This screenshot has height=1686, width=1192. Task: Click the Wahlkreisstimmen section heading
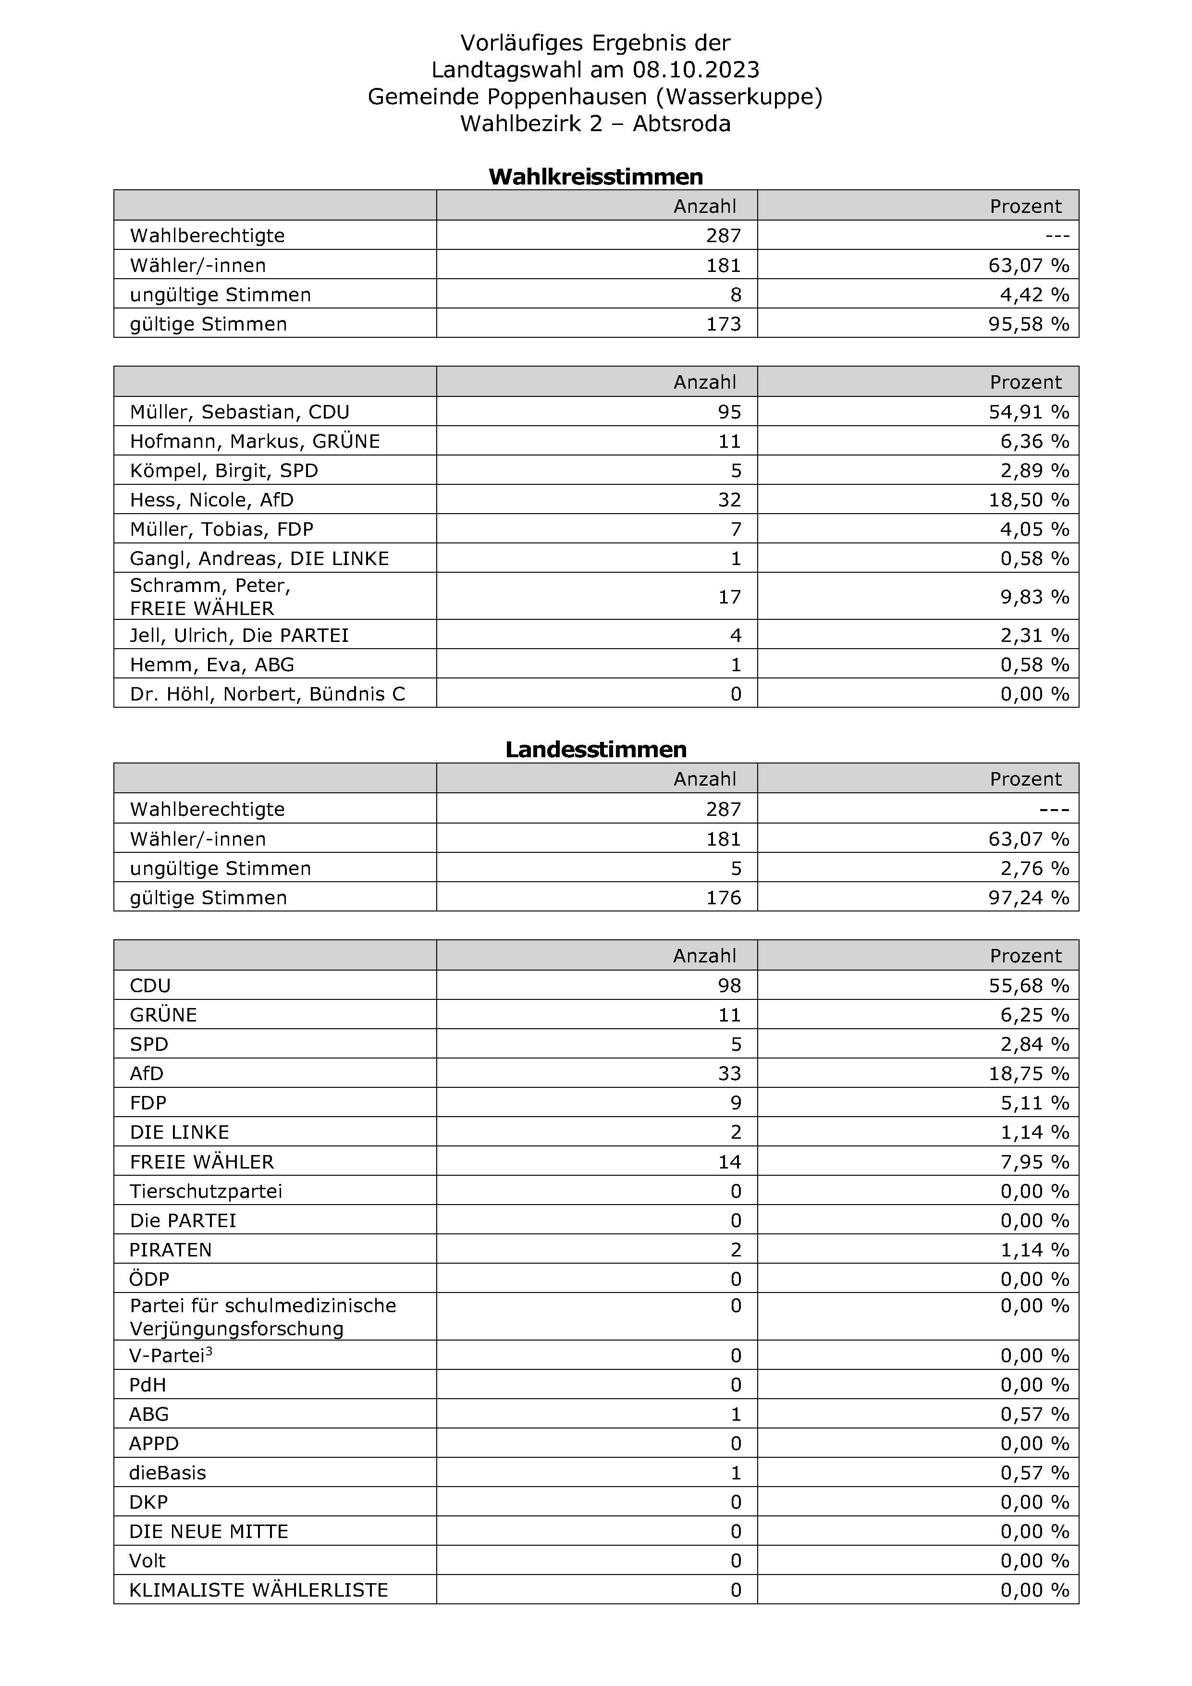(x=596, y=176)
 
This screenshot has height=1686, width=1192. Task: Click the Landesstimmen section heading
(x=596, y=749)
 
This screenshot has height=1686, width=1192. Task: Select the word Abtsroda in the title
(x=682, y=123)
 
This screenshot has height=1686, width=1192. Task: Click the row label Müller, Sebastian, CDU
(x=239, y=412)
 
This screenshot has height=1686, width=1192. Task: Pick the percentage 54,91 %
(x=1028, y=412)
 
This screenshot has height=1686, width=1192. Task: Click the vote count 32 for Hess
(x=729, y=500)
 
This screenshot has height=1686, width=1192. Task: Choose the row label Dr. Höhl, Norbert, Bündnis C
(x=267, y=694)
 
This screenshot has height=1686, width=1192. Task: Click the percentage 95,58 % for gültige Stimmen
(x=1028, y=324)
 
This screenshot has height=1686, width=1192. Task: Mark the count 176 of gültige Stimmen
(x=724, y=898)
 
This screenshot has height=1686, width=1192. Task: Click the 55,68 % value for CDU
(x=1028, y=985)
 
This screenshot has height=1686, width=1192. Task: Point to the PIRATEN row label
(x=171, y=1250)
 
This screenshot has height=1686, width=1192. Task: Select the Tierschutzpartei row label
(x=206, y=1191)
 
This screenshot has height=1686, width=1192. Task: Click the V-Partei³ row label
(x=171, y=1355)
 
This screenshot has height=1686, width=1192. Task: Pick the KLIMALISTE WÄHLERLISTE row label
(x=258, y=1590)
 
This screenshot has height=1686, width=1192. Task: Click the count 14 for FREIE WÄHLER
(x=729, y=1162)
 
